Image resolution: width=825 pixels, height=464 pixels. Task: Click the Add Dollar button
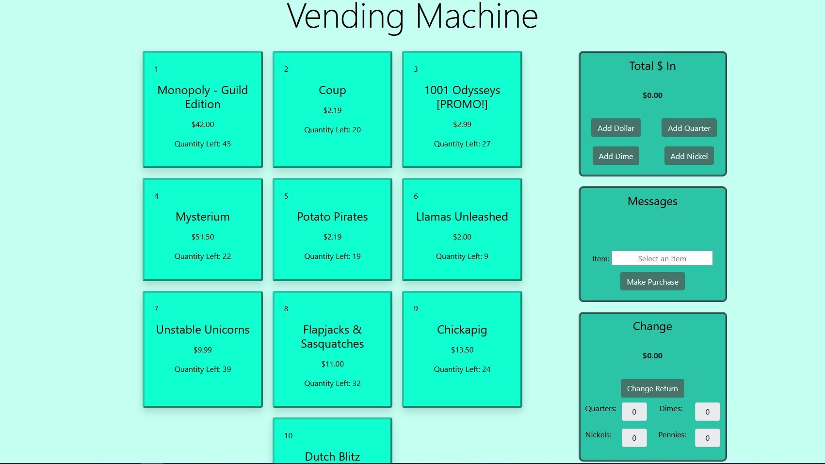pos(616,128)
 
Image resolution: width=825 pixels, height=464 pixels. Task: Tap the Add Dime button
pos(616,156)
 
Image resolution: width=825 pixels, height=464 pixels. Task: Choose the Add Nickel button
pos(689,156)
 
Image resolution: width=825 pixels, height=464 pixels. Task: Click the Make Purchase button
pos(652,281)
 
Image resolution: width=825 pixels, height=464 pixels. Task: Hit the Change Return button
pos(652,388)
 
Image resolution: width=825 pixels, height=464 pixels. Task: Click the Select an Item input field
pos(662,258)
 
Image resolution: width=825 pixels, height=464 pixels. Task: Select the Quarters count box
pos(634,411)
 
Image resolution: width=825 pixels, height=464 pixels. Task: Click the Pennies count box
pos(707,437)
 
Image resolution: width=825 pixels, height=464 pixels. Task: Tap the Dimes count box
pos(707,411)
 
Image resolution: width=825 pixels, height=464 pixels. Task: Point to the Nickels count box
pos(634,437)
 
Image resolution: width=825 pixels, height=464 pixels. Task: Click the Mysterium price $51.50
pos(203,237)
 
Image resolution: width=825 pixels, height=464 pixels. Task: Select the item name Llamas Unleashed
pos(462,217)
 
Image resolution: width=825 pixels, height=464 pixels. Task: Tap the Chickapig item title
pos(462,330)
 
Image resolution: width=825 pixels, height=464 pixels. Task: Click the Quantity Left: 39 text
pos(203,369)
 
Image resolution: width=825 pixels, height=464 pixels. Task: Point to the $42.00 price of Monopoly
pos(203,124)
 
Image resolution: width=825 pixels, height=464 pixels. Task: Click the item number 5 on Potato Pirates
pos(286,196)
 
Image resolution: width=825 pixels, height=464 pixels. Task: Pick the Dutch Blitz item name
pos(332,457)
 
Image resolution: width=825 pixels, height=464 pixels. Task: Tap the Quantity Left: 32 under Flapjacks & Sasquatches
pos(332,383)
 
